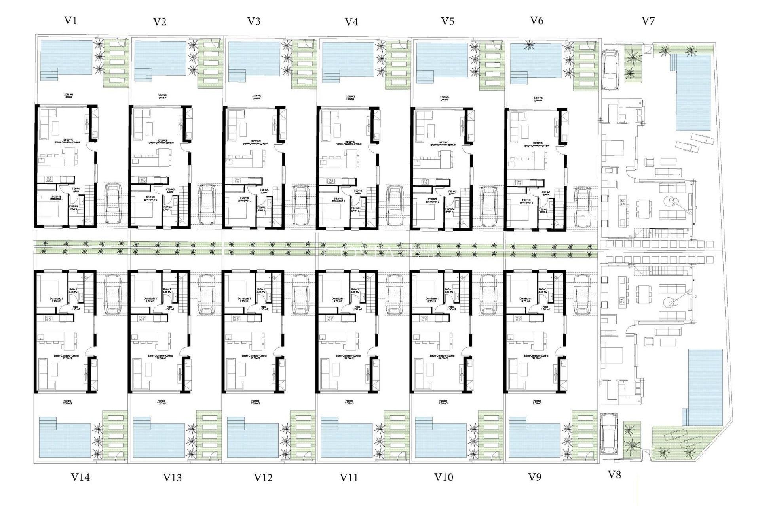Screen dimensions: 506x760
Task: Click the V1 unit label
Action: [70, 21]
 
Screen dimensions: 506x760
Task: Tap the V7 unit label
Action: [648, 21]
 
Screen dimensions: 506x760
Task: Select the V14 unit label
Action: [80, 477]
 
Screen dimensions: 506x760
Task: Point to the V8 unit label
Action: [614, 475]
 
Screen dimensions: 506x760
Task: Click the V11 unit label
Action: [349, 478]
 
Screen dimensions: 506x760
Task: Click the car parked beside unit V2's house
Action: [207, 204]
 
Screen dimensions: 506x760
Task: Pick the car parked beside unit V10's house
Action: [488, 295]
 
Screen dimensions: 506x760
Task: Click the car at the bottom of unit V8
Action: [609, 434]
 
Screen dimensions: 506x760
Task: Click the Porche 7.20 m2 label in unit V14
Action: [67, 402]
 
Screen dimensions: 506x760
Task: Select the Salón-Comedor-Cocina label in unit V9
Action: [536, 357]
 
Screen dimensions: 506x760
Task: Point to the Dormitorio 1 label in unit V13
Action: [150, 300]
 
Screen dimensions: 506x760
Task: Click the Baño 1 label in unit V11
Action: [355, 291]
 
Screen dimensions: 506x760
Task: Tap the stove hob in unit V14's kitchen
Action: [48, 318]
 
